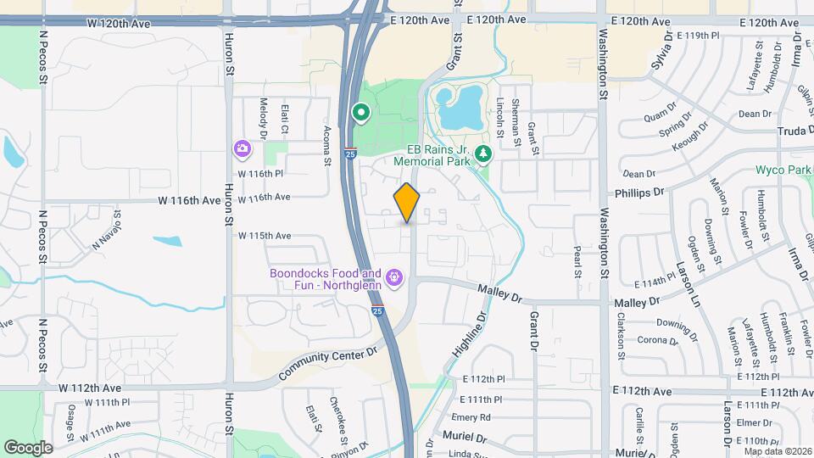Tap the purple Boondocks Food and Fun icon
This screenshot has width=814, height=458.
393,277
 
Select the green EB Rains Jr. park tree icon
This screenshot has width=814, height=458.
483,154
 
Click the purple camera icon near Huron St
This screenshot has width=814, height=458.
243,148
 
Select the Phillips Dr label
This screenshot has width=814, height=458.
644,193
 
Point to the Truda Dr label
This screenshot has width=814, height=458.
795,131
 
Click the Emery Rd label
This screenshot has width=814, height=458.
471,417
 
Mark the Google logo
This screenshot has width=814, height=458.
28,447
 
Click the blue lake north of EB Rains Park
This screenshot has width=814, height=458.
458,109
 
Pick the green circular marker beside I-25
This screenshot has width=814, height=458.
360,112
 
